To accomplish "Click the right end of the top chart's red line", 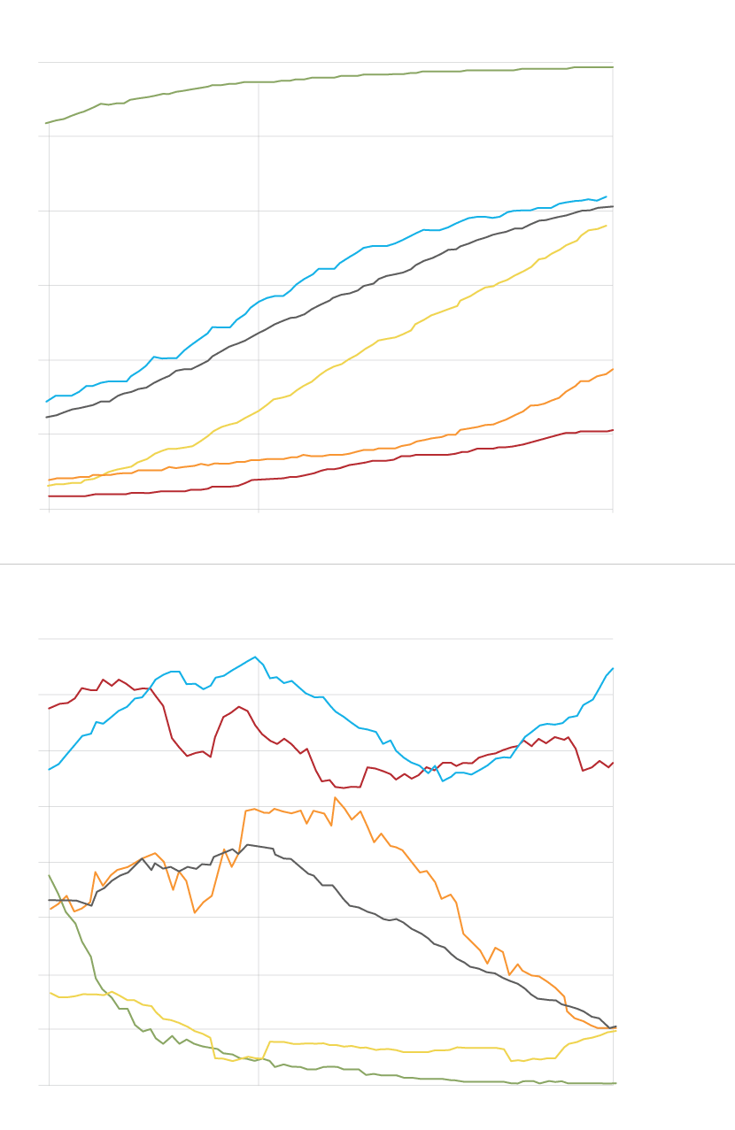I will coord(613,430).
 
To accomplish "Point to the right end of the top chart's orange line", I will coord(613,369).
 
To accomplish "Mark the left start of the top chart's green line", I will coord(46,123).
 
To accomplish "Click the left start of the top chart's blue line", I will coord(46,402).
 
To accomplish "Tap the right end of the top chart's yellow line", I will coord(607,226).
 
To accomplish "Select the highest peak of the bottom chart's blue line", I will coord(255,657).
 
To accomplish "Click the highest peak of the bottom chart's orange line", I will coord(335,797).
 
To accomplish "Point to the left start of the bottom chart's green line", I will coord(49,875).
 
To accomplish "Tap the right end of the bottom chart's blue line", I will coord(613,668).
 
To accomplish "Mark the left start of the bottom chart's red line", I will coord(49,709).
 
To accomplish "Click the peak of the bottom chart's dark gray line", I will coord(248,844).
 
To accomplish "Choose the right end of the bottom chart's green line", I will coord(615,1083).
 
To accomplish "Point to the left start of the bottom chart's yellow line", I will coord(50,993).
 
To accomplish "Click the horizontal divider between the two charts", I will coord(367,564).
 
